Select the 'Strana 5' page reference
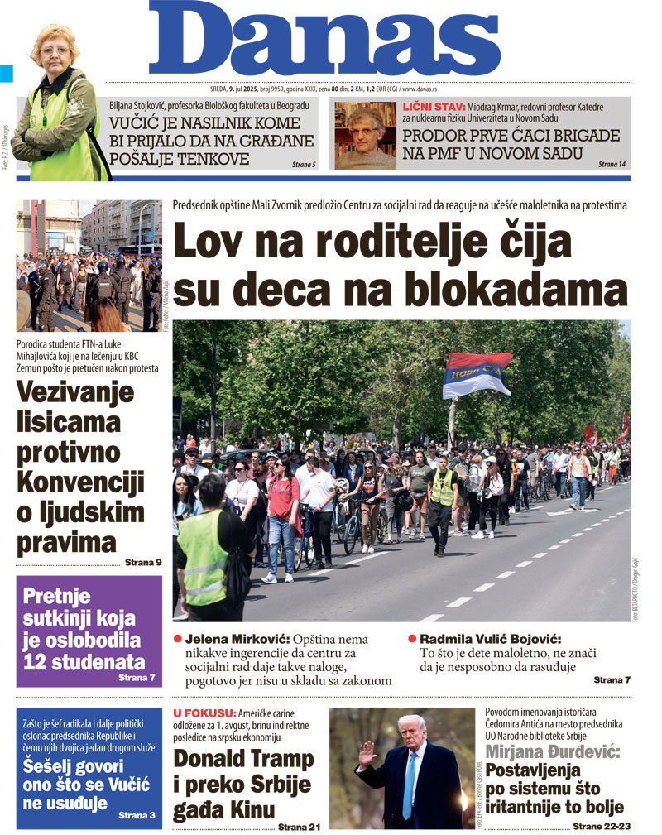304,165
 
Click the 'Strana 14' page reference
612,165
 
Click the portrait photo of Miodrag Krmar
364,136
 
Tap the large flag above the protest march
477,374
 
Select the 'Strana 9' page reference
143,563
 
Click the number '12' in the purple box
38,661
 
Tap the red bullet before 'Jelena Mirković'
177,639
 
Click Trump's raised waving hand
367,751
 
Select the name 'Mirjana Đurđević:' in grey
552,752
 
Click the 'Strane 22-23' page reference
601,826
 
